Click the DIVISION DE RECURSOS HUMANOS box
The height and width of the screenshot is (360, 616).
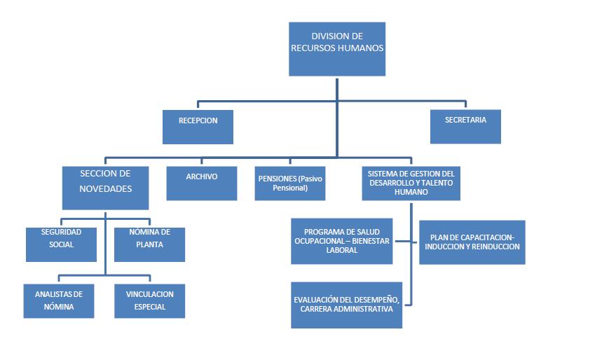[x=337, y=49]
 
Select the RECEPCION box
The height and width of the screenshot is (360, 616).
[x=198, y=127]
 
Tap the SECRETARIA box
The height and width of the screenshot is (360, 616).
[x=465, y=126]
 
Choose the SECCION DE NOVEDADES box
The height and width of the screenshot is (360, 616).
[x=105, y=188]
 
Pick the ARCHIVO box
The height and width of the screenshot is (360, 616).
[x=202, y=183]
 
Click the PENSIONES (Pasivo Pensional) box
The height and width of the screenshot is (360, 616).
[x=290, y=183]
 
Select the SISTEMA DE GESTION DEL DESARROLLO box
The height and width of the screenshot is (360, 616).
[x=411, y=183]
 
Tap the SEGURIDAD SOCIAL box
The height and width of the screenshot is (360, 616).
[x=61, y=244]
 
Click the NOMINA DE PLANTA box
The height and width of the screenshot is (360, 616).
[x=149, y=244]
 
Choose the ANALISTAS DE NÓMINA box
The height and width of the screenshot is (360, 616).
[x=59, y=300]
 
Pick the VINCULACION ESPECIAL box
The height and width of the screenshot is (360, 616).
[x=150, y=300]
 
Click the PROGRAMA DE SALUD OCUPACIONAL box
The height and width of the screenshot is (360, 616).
[x=341, y=241]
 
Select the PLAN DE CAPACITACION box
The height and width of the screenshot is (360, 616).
[x=472, y=242]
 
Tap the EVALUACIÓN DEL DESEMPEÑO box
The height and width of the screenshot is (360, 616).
[x=347, y=304]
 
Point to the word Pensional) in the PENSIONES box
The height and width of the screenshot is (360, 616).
[x=290, y=188]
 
